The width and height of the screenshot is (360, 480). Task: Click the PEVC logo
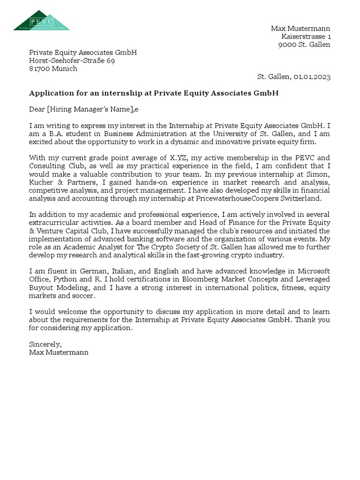click(41, 21)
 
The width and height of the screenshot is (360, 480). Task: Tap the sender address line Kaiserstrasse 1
click(306, 37)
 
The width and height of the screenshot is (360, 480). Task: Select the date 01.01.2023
click(312, 77)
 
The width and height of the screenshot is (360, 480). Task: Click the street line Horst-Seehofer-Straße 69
click(72, 60)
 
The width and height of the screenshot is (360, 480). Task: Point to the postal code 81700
click(39, 68)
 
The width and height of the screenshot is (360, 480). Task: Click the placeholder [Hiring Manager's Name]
click(91, 109)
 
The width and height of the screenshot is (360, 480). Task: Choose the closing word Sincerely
click(45, 344)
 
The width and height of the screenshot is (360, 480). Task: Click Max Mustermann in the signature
click(59, 352)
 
